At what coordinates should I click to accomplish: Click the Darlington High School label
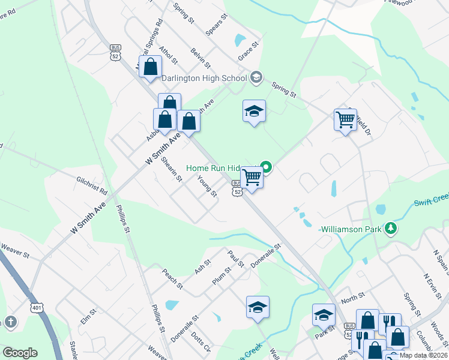[x=209, y=78]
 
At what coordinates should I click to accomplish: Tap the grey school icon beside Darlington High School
[x=256, y=77]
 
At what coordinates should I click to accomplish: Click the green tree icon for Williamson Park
[x=391, y=228]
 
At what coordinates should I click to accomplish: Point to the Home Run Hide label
[x=221, y=169]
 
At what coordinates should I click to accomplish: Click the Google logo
[x=20, y=353]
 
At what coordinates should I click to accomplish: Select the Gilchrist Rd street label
[x=91, y=185]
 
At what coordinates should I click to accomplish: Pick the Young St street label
[x=207, y=187]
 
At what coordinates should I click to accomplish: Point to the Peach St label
[x=172, y=278]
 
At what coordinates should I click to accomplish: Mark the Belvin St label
[x=200, y=58]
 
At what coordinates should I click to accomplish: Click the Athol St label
[x=169, y=53]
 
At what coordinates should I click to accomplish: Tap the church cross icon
[x=10, y=322]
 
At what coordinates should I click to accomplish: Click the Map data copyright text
[x=423, y=355]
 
